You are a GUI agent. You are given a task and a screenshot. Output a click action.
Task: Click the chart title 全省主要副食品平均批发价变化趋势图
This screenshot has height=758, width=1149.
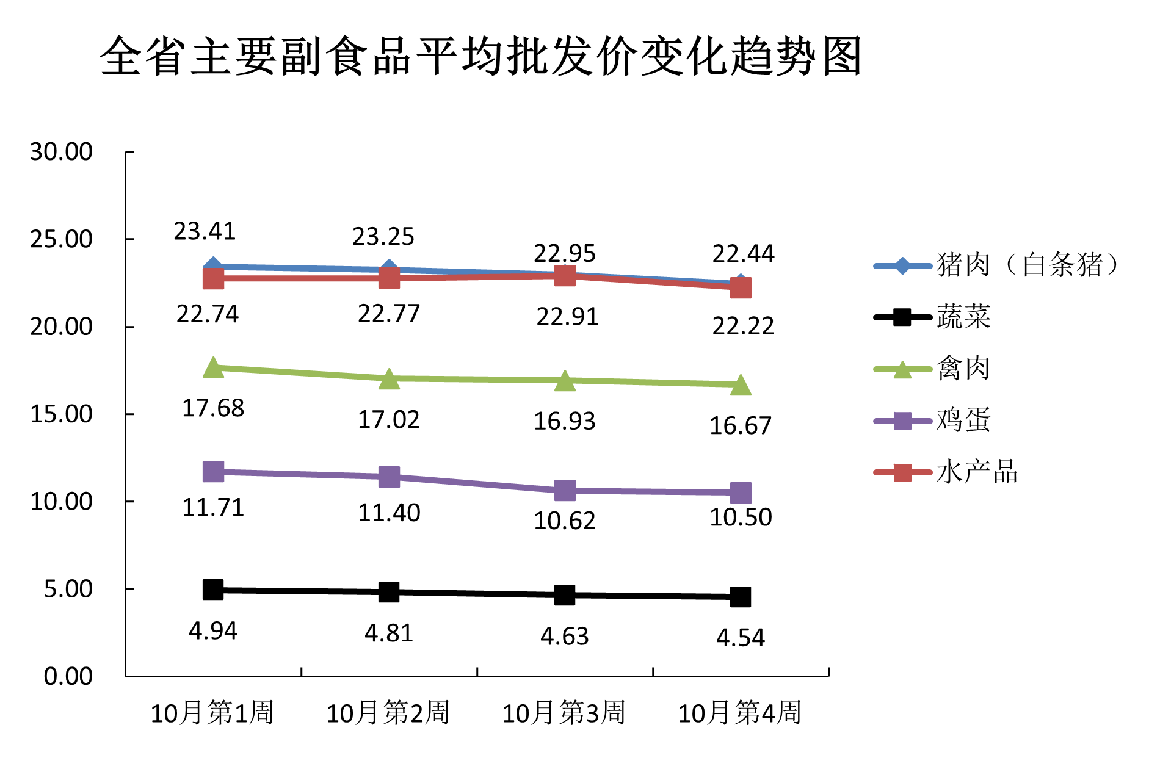481,56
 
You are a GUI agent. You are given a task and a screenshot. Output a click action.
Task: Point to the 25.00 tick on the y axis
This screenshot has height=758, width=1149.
61,239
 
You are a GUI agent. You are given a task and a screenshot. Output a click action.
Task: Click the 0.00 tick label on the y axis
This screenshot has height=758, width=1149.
68,676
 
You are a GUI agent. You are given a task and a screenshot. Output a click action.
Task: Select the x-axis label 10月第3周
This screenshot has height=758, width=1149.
564,713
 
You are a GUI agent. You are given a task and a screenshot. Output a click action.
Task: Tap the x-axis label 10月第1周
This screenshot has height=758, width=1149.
212,713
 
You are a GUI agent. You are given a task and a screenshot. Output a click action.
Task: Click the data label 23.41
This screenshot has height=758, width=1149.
205,231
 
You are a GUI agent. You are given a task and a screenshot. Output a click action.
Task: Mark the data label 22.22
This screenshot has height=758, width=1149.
743,327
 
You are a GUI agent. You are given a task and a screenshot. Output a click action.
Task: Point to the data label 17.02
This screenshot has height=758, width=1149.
389,420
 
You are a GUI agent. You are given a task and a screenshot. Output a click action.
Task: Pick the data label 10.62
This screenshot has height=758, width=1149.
564,521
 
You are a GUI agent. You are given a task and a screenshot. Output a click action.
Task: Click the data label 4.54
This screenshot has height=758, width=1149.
740,638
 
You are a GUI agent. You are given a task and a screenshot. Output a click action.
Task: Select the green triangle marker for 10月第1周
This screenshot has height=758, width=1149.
213,368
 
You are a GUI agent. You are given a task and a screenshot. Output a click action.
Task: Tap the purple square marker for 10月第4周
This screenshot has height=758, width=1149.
741,493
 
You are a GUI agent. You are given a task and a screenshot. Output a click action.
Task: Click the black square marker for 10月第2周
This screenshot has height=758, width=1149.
389,592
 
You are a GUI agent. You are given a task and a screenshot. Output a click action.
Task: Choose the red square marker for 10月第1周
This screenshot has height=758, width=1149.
213,278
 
